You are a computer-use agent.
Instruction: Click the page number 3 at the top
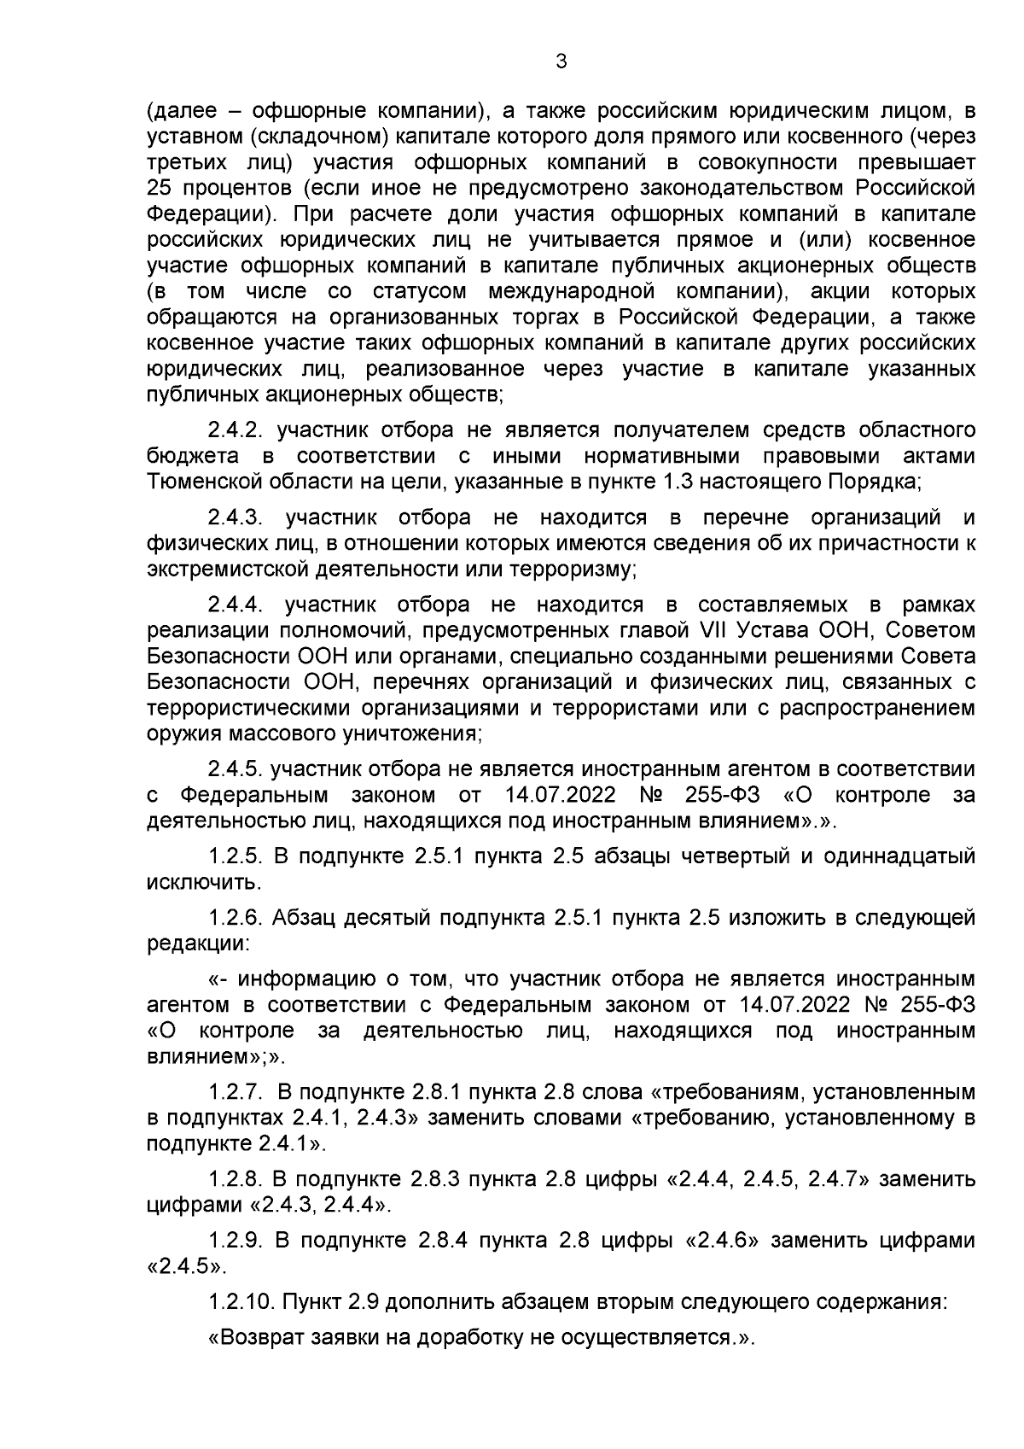(x=561, y=61)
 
